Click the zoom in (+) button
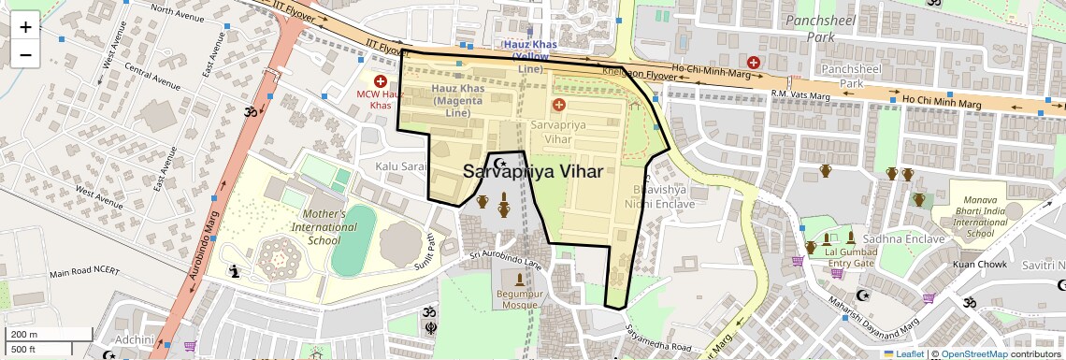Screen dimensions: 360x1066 point(25,26)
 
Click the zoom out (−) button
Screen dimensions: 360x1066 point(25,54)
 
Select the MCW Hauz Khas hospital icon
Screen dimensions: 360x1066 point(381,81)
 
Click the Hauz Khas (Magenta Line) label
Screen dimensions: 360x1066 point(457,100)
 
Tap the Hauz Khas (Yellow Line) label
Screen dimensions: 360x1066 point(529,56)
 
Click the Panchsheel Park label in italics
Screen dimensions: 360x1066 point(810,28)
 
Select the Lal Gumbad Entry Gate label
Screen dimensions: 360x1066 point(850,257)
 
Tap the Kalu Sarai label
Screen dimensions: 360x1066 point(400,166)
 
